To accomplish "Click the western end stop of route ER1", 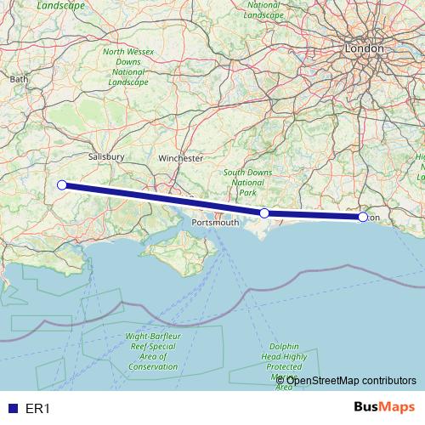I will pyautogui.click(x=61, y=184).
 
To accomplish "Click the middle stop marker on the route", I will pyautogui.click(x=264, y=212).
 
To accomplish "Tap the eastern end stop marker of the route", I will pyautogui.click(x=363, y=217).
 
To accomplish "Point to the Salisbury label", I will pyautogui.click(x=107, y=157).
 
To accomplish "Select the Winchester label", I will pyautogui.click(x=180, y=158).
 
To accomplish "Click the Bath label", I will pyautogui.click(x=19, y=78).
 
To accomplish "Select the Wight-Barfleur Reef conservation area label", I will pyautogui.click(x=151, y=351).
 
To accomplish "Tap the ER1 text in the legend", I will pyautogui.click(x=37, y=408).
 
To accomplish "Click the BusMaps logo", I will pyautogui.click(x=385, y=407).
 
